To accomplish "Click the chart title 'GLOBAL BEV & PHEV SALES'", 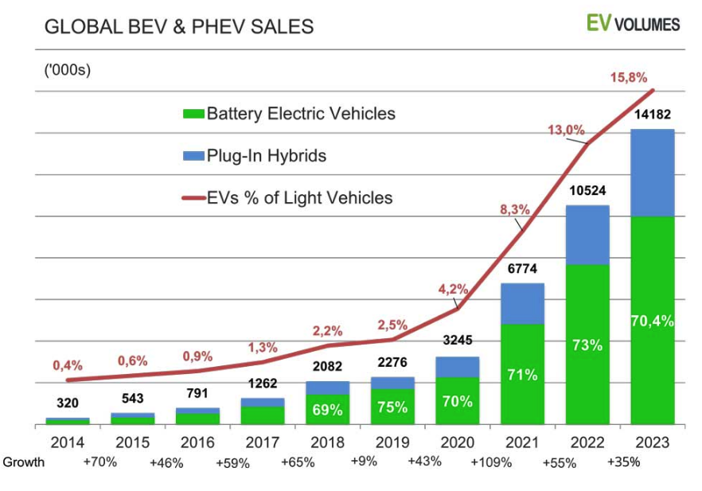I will pos(178,27).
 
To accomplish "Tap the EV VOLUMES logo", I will pos(633,23).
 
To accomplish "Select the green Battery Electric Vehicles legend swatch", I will pos(193,114).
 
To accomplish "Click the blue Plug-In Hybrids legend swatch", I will pos(193,156).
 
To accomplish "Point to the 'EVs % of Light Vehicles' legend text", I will pos(299,197).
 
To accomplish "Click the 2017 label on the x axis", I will pos(262,442).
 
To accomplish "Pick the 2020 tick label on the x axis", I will pos(458,442).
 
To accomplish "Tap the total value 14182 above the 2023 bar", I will pos(652,115).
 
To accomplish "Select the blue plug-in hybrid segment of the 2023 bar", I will pos(652,172).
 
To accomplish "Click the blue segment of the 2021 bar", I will pos(522,303).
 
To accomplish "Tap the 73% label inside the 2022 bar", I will pos(587,345).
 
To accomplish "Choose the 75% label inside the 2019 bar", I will pos(392,407).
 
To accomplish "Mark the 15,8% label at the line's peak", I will pos(629,77).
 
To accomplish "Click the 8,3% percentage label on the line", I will pos(515,209).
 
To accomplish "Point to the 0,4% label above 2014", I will pos(68,365).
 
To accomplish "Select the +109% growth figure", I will pos(490,462).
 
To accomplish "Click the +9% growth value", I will pos(365,462).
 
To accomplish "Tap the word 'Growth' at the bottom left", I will pos(23,462).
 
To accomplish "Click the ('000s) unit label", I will pos(67,70).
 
